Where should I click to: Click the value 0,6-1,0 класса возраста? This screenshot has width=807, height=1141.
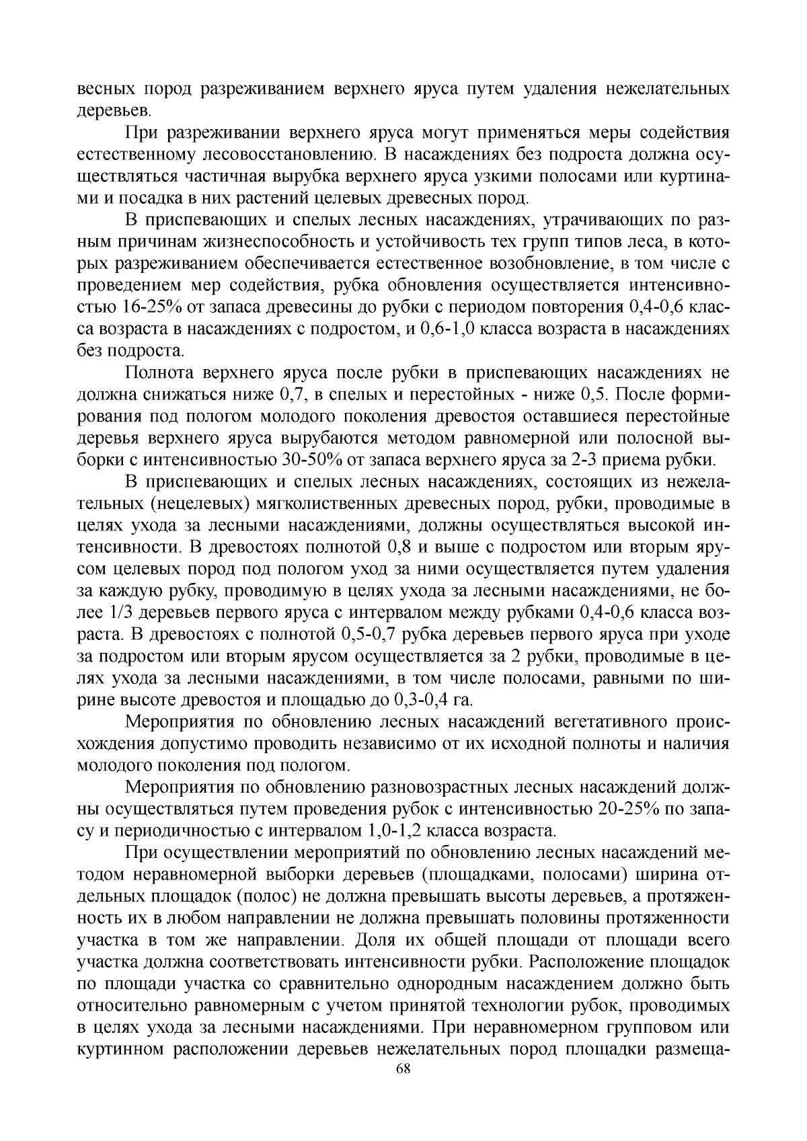pyautogui.click(x=446, y=329)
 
